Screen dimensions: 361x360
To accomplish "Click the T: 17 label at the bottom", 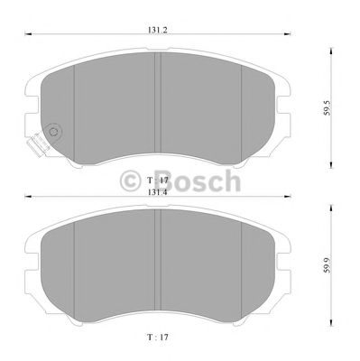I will pyautogui.click(x=158, y=338).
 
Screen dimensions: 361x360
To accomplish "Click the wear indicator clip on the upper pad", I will pyautogui.click(x=37, y=142).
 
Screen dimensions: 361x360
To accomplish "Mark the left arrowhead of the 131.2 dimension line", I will pyautogui.click(x=25, y=36).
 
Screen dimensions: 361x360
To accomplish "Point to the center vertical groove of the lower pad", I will pyautogui.click(x=158, y=266).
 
